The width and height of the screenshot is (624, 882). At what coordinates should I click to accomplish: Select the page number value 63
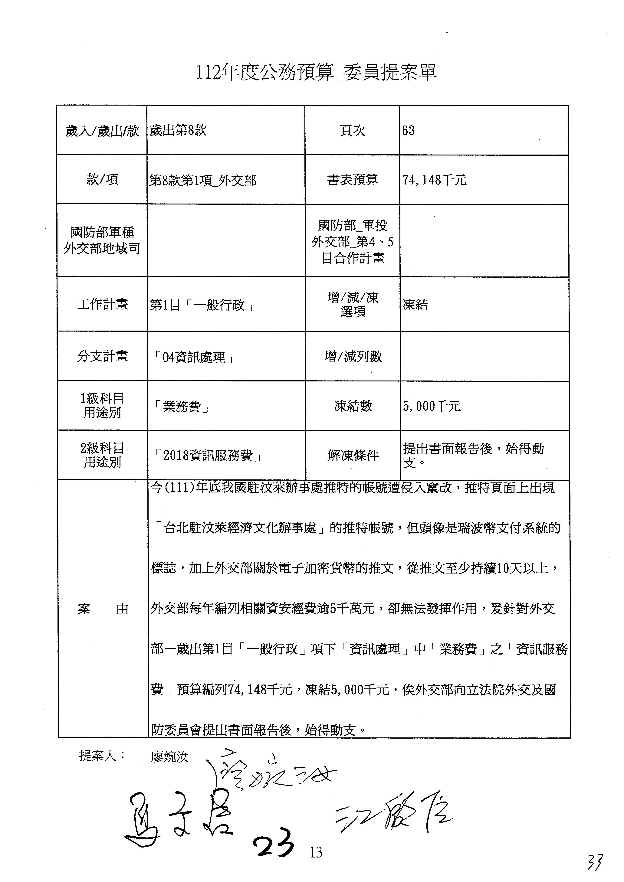409,131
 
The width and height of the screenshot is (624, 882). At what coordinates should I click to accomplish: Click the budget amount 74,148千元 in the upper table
434,180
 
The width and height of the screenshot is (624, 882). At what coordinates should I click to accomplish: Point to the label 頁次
352,131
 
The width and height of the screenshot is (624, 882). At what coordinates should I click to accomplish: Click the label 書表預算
352,180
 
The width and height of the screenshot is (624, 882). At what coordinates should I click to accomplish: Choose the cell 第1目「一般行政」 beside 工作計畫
201,305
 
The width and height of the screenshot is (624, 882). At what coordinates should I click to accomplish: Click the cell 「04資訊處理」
193,357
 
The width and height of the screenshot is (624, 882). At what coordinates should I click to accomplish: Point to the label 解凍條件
353,456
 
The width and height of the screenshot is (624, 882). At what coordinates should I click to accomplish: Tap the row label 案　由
103,609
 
